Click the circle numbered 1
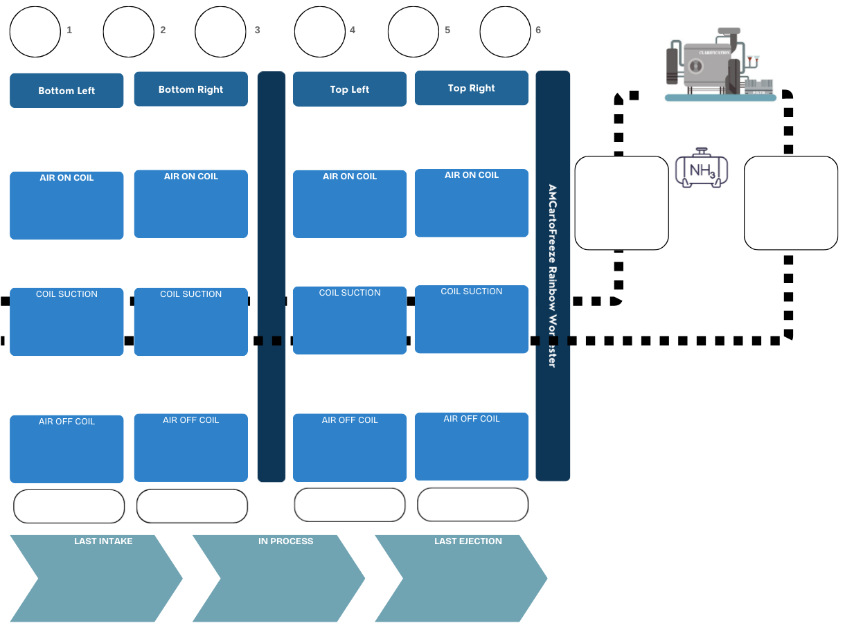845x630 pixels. [x=35, y=31]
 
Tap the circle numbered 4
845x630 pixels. [x=320, y=31]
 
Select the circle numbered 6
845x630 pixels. [x=506, y=31]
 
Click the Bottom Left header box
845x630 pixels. [x=66, y=91]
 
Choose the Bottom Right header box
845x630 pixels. [x=190, y=89]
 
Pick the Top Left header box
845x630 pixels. [x=350, y=89]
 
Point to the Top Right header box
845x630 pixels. [x=472, y=88]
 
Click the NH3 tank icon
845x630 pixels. [x=702, y=168]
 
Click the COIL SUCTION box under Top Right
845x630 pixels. [x=472, y=319]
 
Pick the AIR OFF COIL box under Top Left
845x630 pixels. [x=350, y=447]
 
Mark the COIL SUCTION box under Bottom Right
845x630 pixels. [x=190, y=322]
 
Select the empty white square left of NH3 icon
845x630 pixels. [x=621, y=203]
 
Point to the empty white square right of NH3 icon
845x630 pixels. [x=791, y=203]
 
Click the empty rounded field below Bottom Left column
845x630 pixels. [x=69, y=506]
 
